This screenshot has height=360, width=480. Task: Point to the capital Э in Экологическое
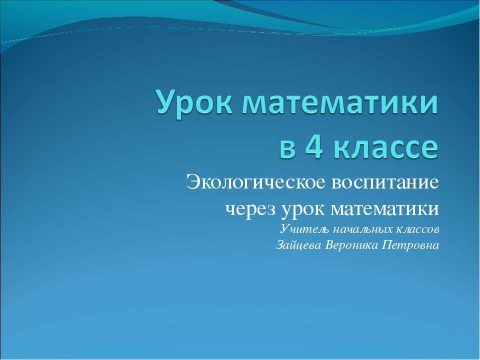pyautogui.click(x=192, y=181)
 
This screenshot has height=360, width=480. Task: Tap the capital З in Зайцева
pyautogui.click(x=280, y=245)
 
